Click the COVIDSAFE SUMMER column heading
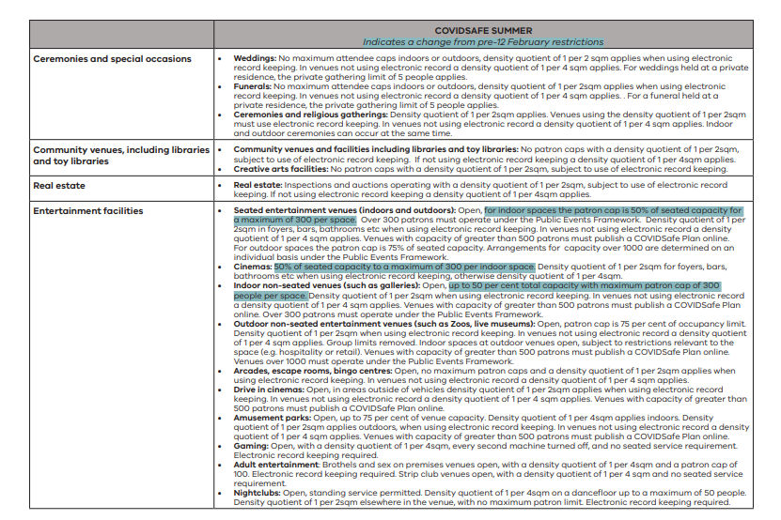coord(483,31)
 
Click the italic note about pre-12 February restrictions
coord(483,42)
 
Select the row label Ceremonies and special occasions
coord(112,59)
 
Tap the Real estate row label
coord(60,186)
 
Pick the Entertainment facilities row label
coord(88,211)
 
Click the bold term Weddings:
coord(255,58)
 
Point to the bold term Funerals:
coord(253,85)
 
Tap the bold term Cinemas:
coord(253,267)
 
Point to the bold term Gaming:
coord(251,445)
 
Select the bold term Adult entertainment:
coord(276,464)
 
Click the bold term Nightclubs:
coord(258,491)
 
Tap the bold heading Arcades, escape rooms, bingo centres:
coord(312,371)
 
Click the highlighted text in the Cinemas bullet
coord(404,267)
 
